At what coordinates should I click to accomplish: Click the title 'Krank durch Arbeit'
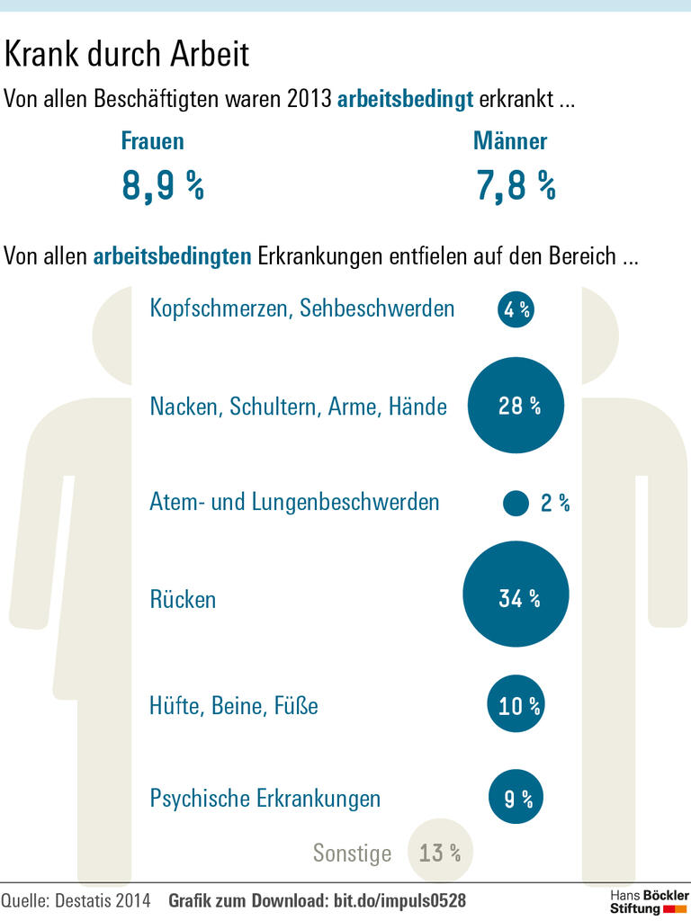pos(127,56)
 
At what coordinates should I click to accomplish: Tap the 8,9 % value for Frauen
pos(163,186)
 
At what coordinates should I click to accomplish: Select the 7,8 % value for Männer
pos(516,186)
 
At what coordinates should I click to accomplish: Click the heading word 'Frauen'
pos(152,141)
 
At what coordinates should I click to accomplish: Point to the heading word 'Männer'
pos(510,141)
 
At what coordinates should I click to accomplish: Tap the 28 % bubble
pos(516,406)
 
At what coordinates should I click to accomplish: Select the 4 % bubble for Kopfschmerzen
pos(516,310)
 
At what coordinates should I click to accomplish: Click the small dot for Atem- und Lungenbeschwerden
pos(516,503)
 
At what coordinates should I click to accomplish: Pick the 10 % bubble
pos(516,705)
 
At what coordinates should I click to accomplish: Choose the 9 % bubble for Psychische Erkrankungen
pos(516,798)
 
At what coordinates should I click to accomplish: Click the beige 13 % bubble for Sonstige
pos(439,852)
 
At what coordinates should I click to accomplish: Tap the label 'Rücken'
pos(183,600)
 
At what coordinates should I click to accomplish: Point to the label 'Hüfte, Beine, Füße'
pos(234,706)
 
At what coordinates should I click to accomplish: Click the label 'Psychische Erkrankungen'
pos(265,799)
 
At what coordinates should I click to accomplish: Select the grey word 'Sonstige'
pos(352,853)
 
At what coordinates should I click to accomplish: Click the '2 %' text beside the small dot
pos(555,504)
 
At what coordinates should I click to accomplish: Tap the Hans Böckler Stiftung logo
pos(649,902)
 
